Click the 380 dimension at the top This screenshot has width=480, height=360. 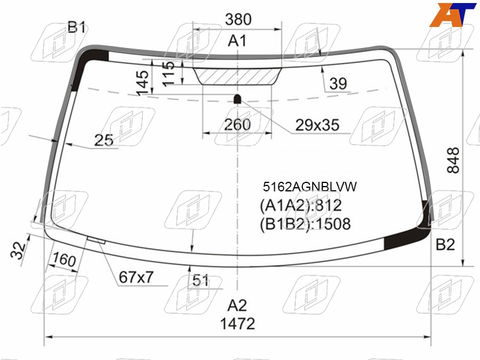pyautogui.click(x=238, y=19)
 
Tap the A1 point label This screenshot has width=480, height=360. pyautogui.click(x=237, y=41)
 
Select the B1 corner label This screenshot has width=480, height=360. pyautogui.click(x=77, y=27)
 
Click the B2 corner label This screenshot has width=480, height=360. pyautogui.click(x=445, y=245)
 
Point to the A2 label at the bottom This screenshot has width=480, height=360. pyautogui.click(x=237, y=305)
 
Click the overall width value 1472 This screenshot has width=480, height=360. pyautogui.click(x=238, y=324)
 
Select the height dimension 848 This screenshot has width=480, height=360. pyautogui.click(x=454, y=160)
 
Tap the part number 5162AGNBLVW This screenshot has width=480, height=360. pyautogui.click(x=310, y=187)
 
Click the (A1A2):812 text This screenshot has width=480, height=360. pyautogui.click(x=301, y=205)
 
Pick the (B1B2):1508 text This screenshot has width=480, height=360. pyautogui.click(x=305, y=224)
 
